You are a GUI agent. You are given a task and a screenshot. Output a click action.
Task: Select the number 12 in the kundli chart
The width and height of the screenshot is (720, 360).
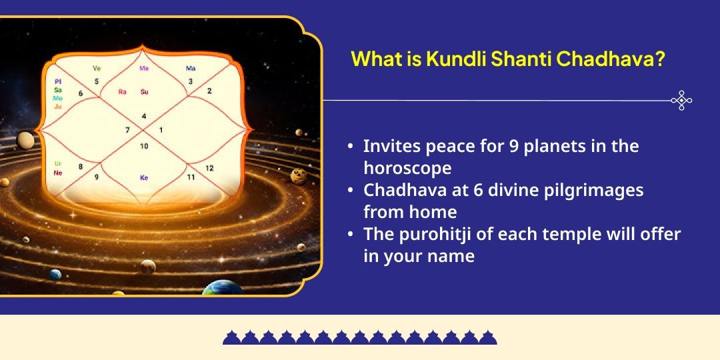209,168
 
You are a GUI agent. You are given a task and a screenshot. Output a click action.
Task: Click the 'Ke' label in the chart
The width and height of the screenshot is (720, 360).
144,178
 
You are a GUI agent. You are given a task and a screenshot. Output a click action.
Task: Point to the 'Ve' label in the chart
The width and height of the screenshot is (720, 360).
97,69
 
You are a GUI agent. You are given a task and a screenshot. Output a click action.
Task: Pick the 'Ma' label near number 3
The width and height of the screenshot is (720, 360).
191,69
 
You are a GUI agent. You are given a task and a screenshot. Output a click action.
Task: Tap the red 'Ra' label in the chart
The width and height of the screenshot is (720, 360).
122,92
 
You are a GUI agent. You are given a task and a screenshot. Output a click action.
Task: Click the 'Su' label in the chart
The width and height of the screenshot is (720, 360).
144,92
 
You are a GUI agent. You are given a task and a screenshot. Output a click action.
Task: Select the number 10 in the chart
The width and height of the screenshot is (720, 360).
144,146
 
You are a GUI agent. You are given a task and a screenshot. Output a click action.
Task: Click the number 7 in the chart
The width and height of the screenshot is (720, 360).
127,130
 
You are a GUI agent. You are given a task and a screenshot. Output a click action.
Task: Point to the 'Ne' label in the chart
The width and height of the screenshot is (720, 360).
58,173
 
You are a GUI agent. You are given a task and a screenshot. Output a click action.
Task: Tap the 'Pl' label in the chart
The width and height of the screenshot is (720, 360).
58,81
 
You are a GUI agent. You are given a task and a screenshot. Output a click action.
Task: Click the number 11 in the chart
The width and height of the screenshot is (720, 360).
191,177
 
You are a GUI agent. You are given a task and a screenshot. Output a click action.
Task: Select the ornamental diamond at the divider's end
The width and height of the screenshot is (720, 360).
681,101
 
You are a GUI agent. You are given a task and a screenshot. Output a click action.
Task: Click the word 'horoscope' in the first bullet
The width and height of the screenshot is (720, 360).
407,167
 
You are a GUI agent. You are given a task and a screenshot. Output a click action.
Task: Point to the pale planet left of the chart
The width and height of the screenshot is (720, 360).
26,140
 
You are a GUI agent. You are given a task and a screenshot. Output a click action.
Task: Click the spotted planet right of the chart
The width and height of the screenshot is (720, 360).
299,176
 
